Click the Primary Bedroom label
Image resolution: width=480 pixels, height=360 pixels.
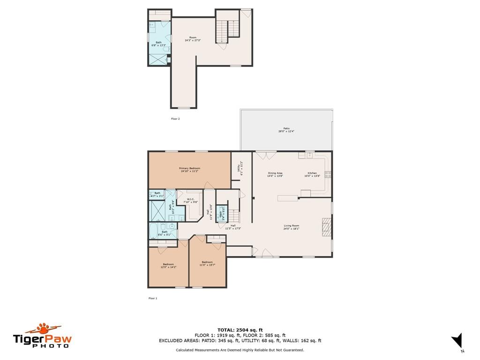[x=189, y=170]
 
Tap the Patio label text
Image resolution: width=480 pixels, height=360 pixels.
[x=286, y=129]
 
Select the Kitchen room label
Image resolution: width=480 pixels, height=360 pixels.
[x=312, y=174]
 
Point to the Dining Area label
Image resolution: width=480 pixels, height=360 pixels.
[x=275, y=174]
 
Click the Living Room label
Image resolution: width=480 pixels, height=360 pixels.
[x=291, y=227]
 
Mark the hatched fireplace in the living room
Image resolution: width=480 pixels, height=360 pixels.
[x=326, y=226]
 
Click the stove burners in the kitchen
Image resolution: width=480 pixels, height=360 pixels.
[x=329, y=175]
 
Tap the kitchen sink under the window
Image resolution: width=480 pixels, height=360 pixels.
[x=309, y=155]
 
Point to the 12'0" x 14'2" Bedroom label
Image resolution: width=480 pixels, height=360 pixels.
[x=168, y=265]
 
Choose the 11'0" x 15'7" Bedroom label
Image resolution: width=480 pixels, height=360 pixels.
[x=207, y=263]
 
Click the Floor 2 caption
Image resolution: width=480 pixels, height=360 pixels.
[x=175, y=119]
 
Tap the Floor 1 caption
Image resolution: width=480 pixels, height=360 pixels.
[x=153, y=298]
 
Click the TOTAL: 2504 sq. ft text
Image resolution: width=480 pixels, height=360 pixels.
[x=240, y=330]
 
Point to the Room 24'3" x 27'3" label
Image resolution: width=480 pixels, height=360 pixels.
[x=193, y=39]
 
